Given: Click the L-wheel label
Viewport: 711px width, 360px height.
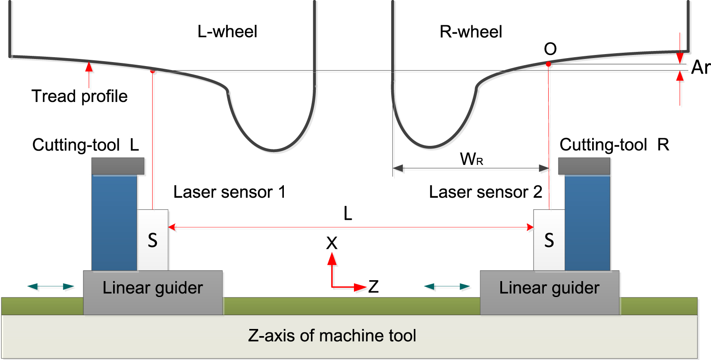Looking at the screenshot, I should (x=227, y=32).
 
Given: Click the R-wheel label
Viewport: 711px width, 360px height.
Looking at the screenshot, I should (x=471, y=32).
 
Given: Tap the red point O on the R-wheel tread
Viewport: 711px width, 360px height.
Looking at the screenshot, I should (x=548, y=64).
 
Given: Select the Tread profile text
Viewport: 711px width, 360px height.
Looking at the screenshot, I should (x=79, y=96).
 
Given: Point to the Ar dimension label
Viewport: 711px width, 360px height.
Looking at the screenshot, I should (x=700, y=67).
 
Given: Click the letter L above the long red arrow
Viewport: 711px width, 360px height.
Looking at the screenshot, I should (x=348, y=214).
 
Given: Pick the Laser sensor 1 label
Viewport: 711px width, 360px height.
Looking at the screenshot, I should (x=229, y=192).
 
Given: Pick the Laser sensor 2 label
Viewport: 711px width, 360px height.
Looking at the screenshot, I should (x=485, y=192).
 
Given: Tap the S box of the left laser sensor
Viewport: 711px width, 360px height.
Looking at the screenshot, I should (x=153, y=240).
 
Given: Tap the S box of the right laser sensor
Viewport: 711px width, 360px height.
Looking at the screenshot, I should (x=549, y=240).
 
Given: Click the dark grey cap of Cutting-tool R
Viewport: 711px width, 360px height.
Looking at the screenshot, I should (x=584, y=166).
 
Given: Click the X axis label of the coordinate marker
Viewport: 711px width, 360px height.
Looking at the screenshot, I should (x=332, y=243).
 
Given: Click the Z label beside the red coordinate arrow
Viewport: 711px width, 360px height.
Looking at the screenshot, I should (x=373, y=287).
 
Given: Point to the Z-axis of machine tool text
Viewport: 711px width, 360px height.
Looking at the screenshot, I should (x=332, y=336).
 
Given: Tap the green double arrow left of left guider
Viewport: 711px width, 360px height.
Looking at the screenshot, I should (x=51, y=286).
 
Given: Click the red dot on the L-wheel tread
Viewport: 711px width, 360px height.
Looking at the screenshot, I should (x=153, y=70).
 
